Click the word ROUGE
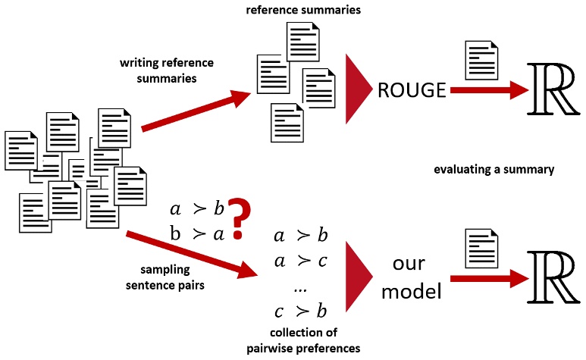pos(412,90)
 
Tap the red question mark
pos(239,219)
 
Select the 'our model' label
pos(411,277)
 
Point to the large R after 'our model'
pos(553,277)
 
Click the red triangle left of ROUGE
pos(359,89)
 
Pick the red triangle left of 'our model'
pos(359,277)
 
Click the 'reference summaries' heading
pos(303,10)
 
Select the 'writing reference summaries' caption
pos(167,70)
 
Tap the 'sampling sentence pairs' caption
pos(165,277)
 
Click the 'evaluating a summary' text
pos(494,170)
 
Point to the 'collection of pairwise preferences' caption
pos(303,340)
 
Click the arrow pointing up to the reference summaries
pos(196,111)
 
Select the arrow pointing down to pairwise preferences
pos(192,255)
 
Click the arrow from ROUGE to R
pos(490,90)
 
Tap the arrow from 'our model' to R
pos(490,278)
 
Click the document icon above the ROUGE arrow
pos(481,60)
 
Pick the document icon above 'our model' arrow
pos(481,249)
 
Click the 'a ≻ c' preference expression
pos(301,261)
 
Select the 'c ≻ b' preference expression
pos(301,311)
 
